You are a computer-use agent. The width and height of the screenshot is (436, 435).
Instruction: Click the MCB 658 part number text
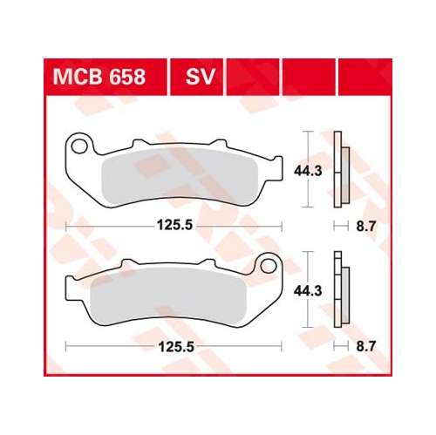point(99,77)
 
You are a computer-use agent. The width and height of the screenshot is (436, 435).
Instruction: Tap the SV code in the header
point(201,77)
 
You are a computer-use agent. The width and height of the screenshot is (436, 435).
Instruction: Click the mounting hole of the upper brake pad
point(79,146)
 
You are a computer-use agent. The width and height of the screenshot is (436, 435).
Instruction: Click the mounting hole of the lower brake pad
point(268,266)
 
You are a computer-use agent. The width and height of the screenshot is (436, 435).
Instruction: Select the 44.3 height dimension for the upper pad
point(308,171)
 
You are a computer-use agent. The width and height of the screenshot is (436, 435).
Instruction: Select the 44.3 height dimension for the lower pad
point(308,291)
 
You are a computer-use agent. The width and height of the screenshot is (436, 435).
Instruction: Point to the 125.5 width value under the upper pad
point(174,225)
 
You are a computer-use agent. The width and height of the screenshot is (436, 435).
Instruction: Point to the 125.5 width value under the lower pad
point(176,347)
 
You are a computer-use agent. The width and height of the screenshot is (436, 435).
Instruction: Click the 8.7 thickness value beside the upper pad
point(366,227)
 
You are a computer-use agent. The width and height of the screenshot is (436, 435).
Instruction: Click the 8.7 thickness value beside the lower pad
point(366,347)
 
